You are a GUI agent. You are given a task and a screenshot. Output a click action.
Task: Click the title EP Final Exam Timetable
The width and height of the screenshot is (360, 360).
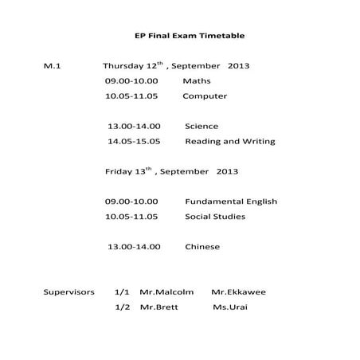point(190,36)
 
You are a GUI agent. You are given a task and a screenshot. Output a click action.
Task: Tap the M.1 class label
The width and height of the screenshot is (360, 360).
point(53,66)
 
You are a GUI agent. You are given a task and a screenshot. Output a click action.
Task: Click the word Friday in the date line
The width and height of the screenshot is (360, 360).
point(119,171)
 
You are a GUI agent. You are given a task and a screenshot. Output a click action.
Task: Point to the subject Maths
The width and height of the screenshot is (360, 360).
point(197,81)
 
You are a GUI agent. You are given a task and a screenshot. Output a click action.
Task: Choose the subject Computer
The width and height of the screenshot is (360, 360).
point(205,96)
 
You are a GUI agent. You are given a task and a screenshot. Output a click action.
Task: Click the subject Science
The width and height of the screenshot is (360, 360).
point(202,126)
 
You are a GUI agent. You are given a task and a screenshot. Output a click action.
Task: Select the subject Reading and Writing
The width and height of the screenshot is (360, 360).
point(230,141)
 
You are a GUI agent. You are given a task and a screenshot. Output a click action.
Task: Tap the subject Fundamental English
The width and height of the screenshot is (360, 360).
point(231,202)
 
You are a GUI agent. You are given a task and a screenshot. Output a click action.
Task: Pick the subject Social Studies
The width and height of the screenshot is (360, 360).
point(215,217)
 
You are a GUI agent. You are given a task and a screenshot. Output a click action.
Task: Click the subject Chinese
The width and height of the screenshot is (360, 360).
point(202,247)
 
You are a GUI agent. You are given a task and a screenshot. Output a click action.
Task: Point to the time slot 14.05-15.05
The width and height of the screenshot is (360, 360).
point(134,141)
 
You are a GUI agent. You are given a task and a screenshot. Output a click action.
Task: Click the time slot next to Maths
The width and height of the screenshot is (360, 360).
point(131,81)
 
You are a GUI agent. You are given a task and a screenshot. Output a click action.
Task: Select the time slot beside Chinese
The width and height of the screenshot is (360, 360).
point(134,247)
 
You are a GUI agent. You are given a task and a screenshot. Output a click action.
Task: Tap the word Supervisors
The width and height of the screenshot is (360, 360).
point(69,292)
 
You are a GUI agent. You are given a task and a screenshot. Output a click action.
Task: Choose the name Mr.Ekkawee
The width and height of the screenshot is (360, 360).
point(239,292)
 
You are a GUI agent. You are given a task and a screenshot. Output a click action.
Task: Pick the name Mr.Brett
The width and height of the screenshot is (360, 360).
point(158,307)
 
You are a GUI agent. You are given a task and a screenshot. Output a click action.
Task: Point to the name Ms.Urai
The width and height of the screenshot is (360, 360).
point(230,307)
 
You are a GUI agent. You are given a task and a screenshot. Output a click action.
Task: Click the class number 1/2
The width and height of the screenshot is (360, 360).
point(122,307)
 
